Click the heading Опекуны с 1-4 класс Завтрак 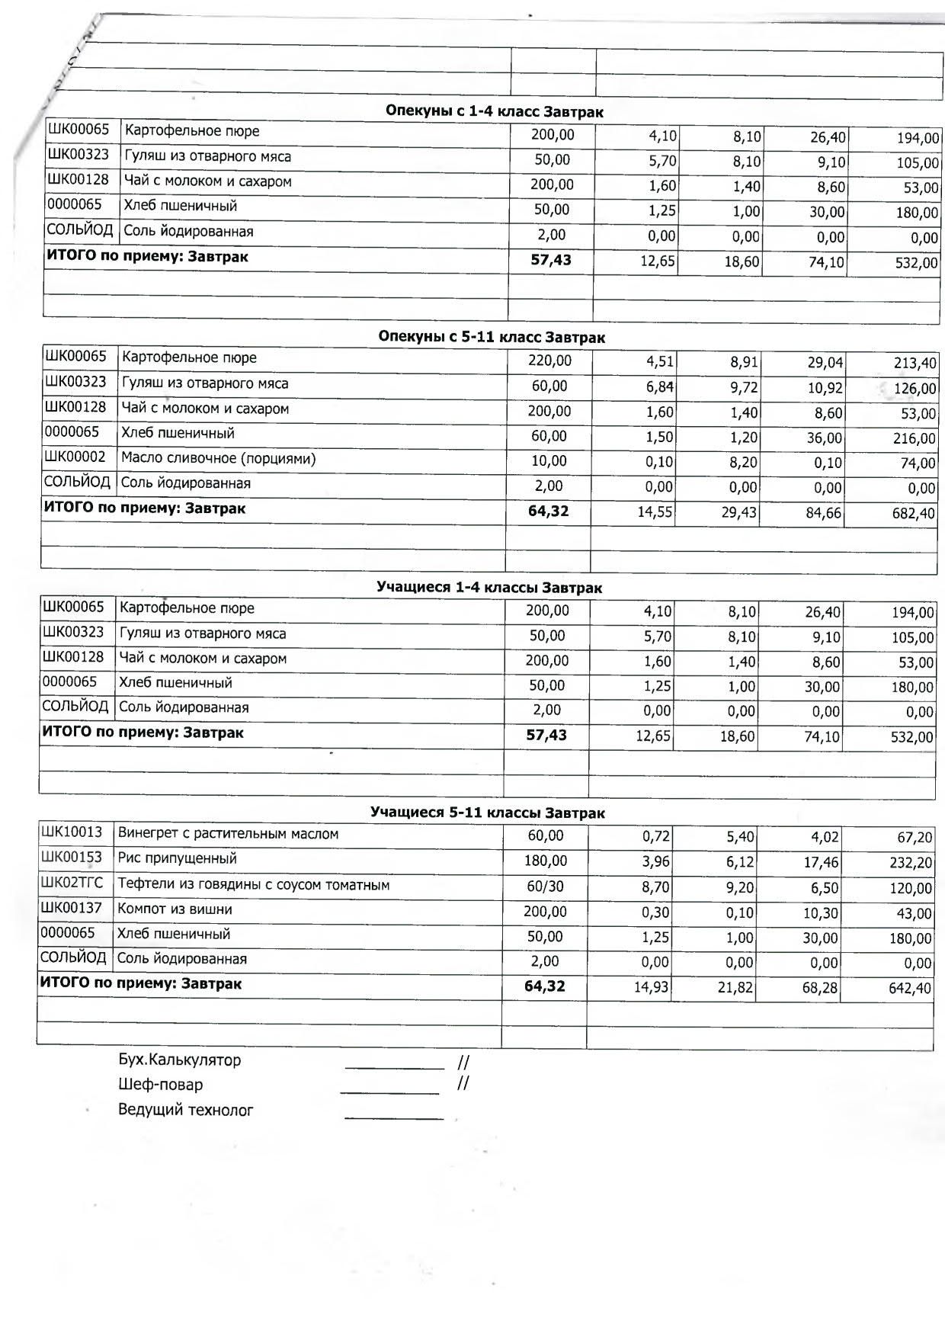coord(494,111)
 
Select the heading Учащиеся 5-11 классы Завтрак coord(487,813)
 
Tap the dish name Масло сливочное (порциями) coord(218,458)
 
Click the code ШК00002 coord(75,457)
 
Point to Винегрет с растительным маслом coord(228,834)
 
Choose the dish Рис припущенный coord(177,858)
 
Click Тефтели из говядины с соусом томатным coord(253,885)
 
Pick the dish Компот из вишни coord(175,909)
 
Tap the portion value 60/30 coord(545,887)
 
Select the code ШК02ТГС coord(72,883)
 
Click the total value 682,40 coord(913,514)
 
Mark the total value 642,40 coord(910,989)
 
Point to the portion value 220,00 coord(549,361)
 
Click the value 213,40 coord(915,364)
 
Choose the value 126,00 coord(915,389)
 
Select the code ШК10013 coord(71,832)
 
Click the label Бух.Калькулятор coord(179,1060)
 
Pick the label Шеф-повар coord(160,1085)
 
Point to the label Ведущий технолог coord(185,1110)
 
